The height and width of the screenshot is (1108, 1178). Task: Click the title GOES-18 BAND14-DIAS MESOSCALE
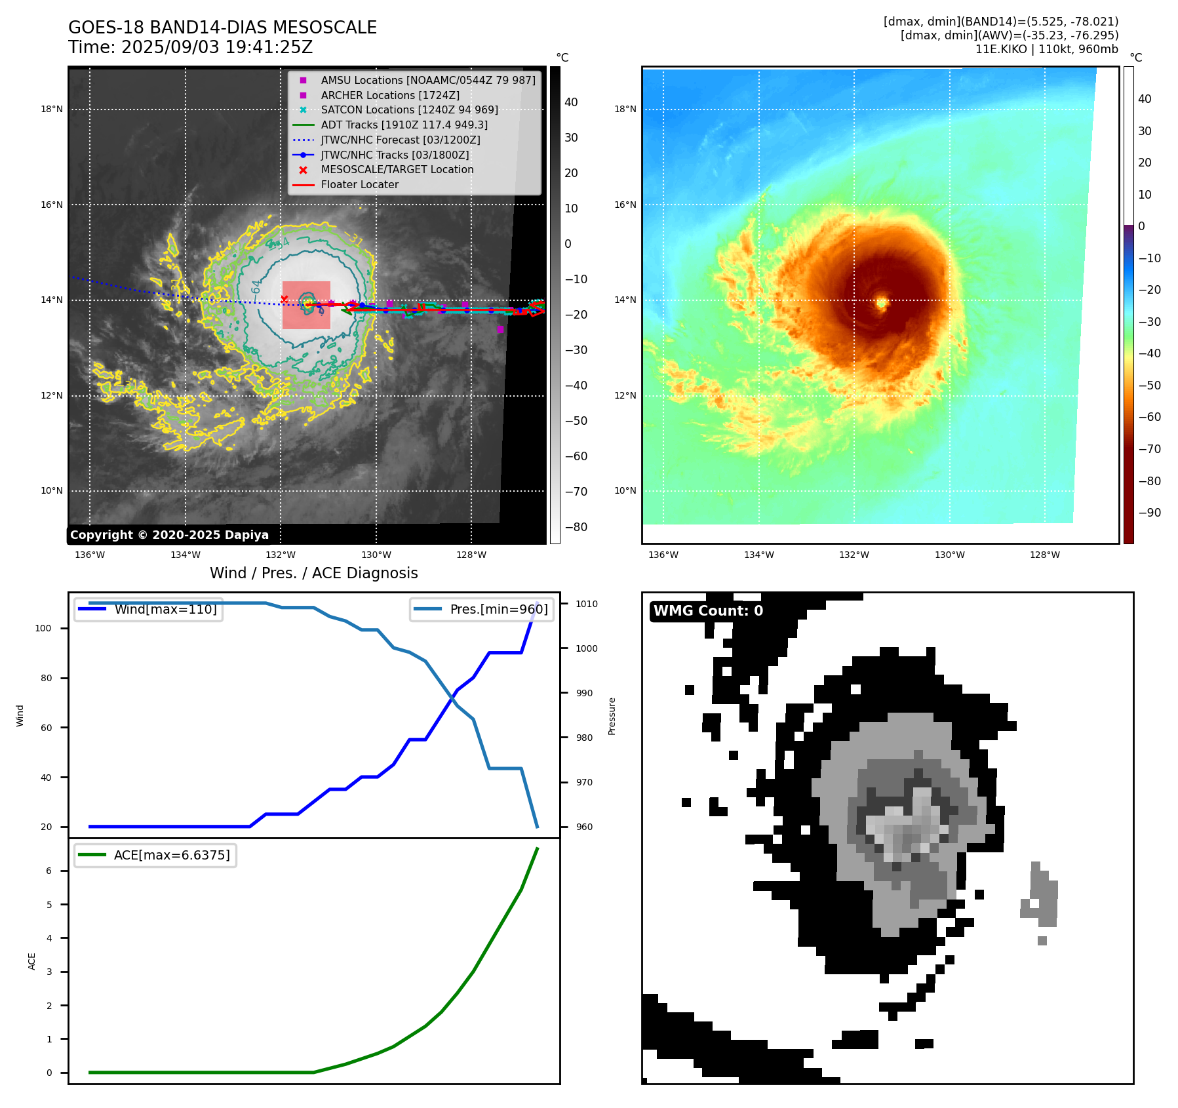222,28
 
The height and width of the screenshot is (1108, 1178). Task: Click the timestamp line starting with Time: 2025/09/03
190,47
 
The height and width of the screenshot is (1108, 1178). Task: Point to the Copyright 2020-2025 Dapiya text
169,535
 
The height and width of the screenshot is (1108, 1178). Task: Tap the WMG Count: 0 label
708,611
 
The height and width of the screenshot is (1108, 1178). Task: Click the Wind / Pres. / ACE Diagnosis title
313,573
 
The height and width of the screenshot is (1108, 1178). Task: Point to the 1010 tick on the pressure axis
587,604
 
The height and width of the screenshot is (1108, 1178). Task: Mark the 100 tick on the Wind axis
43,628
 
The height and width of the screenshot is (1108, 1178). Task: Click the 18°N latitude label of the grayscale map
52,109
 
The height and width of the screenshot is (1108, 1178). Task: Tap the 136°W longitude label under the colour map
663,555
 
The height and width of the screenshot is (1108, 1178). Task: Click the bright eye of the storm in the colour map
882,302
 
